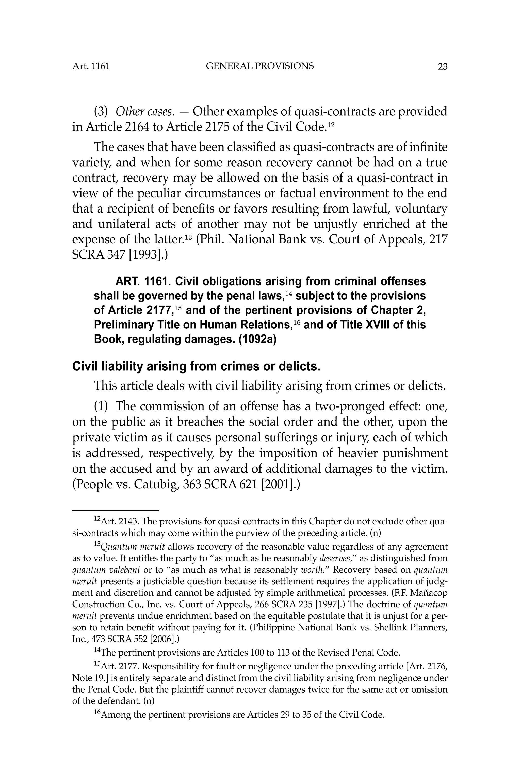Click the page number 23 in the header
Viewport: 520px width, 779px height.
[442, 67]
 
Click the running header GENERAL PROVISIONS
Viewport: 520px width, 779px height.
[260, 66]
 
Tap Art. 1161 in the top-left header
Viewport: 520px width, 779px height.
[91, 66]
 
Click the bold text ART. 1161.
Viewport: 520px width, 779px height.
[143, 281]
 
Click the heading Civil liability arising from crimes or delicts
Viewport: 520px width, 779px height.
[196, 367]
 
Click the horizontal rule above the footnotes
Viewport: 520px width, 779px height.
[116, 511]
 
